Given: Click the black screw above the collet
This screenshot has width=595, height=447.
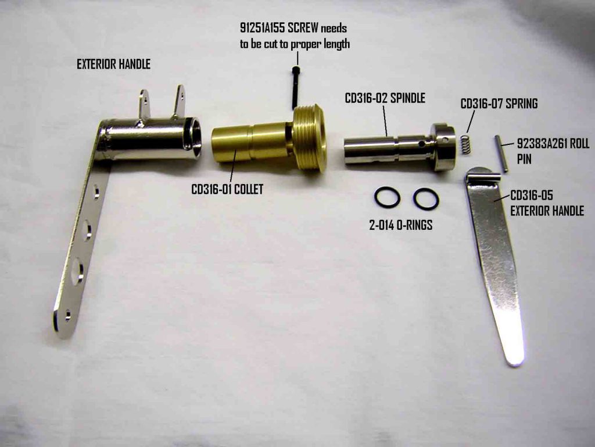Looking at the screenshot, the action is pyautogui.click(x=295, y=87).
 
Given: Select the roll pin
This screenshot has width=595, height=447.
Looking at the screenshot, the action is pyautogui.click(x=500, y=154).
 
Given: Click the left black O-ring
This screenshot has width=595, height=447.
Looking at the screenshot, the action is pyautogui.click(x=387, y=197).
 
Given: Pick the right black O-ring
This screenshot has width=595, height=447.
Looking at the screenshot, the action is pyautogui.click(x=426, y=199).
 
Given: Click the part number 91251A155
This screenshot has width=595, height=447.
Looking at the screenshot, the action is pyautogui.click(x=263, y=28).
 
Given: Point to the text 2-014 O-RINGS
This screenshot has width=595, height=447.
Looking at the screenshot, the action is pyautogui.click(x=401, y=225).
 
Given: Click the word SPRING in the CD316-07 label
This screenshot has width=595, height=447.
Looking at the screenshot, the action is pyautogui.click(x=521, y=104).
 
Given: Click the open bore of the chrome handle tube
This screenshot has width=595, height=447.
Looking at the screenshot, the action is pyautogui.click(x=196, y=137).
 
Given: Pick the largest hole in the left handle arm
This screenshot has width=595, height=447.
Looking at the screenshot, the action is pyautogui.click(x=77, y=271).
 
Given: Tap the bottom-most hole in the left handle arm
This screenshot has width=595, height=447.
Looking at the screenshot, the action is pyautogui.click(x=68, y=315).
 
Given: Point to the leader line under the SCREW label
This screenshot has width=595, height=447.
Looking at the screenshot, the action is pyautogui.click(x=297, y=58).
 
